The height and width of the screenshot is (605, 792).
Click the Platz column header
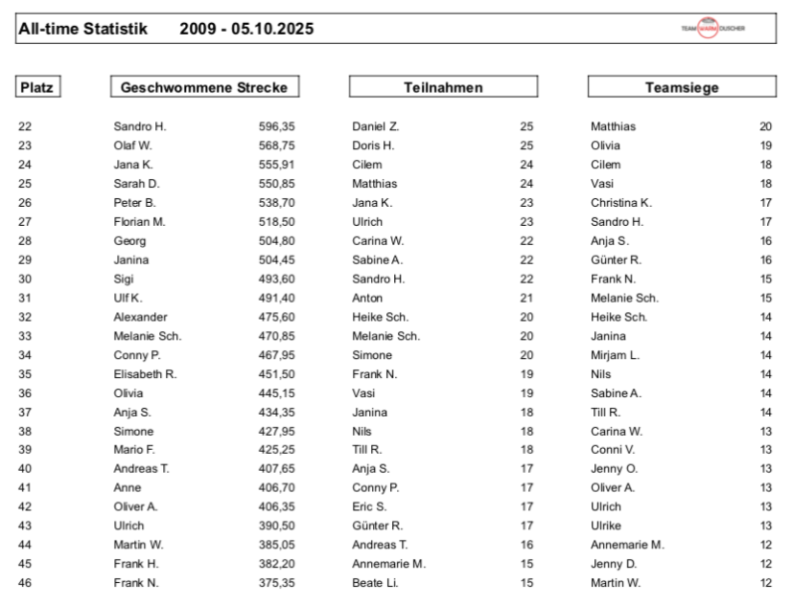(x=37, y=88)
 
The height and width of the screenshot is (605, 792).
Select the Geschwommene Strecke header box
(x=204, y=88)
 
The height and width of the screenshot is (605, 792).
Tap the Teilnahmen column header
(x=443, y=88)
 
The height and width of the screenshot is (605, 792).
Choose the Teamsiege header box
(x=682, y=88)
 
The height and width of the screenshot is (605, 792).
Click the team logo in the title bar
(x=712, y=28)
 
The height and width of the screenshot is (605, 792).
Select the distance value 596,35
(x=277, y=126)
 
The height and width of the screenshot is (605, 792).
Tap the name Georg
(x=129, y=241)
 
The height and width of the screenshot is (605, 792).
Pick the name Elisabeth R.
(x=145, y=374)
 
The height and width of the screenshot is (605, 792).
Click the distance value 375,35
(x=277, y=583)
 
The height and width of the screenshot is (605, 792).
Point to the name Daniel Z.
(x=375, y=126)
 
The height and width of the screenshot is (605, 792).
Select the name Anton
(x=367, y=298)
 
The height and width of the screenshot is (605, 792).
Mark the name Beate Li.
(x=375, y=583)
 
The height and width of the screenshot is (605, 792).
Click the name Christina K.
(x=621, y=203)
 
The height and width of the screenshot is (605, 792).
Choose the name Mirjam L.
(x=615, y=355)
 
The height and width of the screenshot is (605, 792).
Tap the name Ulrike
(x=606, y=526)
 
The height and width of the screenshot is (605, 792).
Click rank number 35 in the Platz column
(x=25, y=374)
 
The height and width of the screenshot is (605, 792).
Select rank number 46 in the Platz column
(x=25, y=583)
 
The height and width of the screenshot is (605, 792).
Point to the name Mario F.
(x=134, y=450)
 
